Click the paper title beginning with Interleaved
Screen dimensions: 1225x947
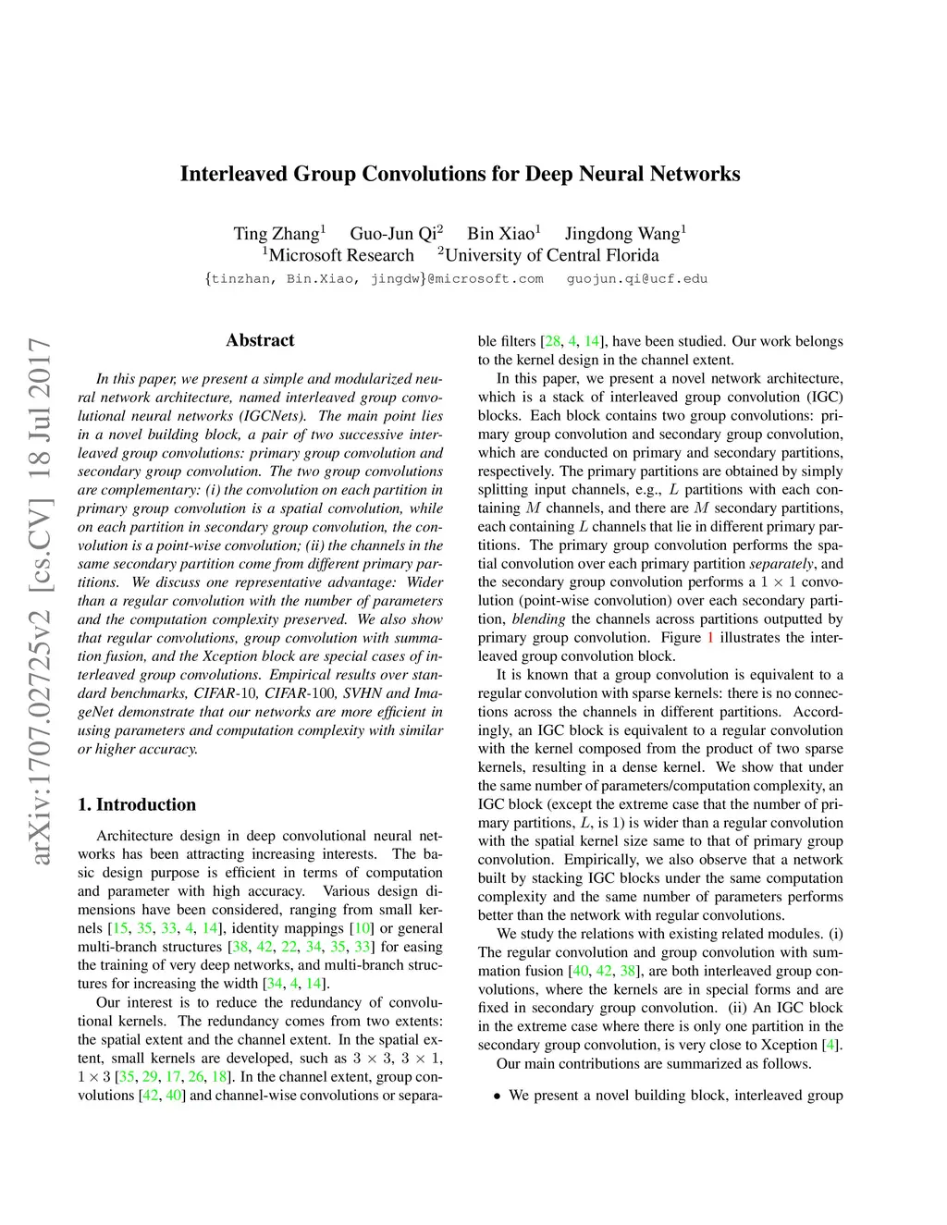tap(460, 174)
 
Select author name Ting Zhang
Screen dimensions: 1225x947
tap(276, 234)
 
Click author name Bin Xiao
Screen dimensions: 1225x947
tap(500, 234)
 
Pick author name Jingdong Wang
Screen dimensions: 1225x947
tap(622, 234)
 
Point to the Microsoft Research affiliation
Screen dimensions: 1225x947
tap(340, 256)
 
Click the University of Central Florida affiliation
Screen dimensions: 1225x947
tap(551, 256)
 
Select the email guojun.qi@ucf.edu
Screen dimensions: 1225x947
tap(637, 279)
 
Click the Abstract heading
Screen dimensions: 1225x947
tap(260, 340)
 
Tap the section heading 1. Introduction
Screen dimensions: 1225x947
tap(137, 804)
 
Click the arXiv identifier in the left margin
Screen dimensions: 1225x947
tap(41, 601)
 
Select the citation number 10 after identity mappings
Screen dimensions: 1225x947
tap(363, 928)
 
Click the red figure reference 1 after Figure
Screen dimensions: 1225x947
tap(710, 638)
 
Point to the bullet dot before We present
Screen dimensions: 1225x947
tap(498, 1096)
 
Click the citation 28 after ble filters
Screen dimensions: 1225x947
tap(552, 341)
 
